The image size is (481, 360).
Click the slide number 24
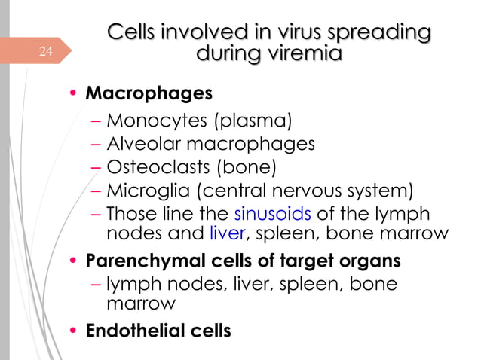(x=47, y=52)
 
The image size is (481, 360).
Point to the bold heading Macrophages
(x=149, y=95)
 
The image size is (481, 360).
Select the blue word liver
(x=227, y=233)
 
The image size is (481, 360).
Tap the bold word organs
(x=371, y=261)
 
